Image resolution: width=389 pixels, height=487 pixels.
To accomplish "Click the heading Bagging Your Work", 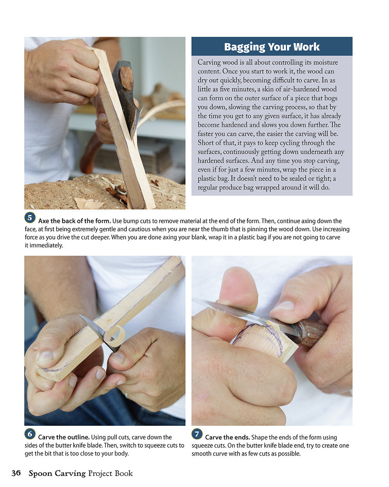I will pyautogui.click(x=272, y=47).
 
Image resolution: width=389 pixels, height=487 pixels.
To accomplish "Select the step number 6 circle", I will pyautogui.click(x=30, y=434).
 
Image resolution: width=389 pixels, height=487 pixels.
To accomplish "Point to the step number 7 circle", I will pyautogui.click(x=197, y=434).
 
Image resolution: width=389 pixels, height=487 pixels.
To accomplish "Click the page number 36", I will pyautogui.click(x=16, y=473).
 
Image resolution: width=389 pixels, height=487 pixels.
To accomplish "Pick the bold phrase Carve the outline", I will pyautogui.click(x=64, y=437).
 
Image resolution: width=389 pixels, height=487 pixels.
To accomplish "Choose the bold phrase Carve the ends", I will pyautogui.click(x=227, y=437).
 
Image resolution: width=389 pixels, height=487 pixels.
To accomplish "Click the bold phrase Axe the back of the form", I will pyautogui.click(x=74, y=221).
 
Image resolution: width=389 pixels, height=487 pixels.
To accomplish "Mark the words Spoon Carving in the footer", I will pyautogui.click(x=57, y=473).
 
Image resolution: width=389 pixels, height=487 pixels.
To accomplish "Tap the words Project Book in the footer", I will pyautogui.click(x=110, y=473).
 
